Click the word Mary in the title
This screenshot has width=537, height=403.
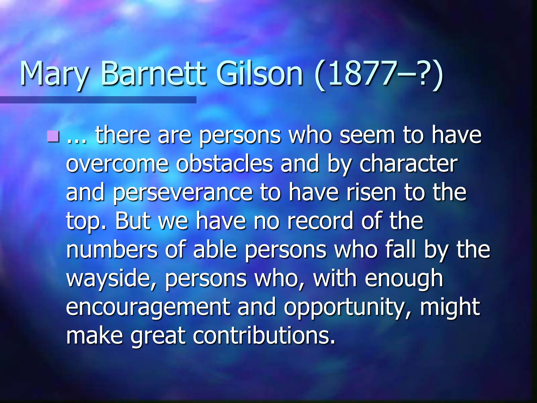(54, 74)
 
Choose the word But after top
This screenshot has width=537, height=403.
(133, 221)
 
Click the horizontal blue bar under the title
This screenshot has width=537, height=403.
(98, 100)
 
